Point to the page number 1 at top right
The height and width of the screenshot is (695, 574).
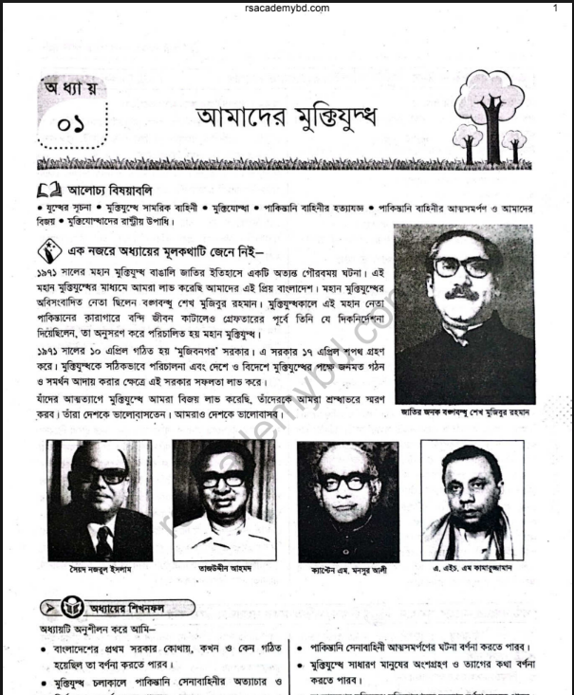point(555,8)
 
